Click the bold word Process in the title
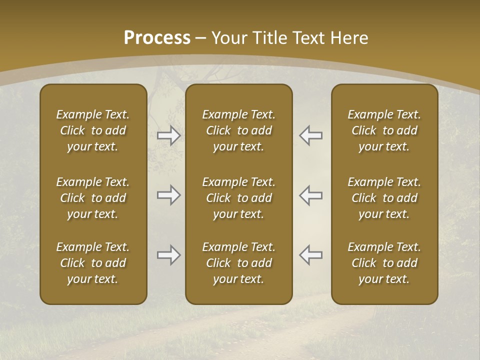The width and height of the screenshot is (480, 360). pos(157,38)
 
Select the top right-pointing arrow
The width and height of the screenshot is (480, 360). pos(168,135)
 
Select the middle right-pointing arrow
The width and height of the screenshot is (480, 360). pos(168,195)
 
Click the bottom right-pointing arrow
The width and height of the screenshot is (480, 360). pos(168,255)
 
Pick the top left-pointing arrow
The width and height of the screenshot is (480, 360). pos(311,135)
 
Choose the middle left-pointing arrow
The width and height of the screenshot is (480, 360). pos(311,195)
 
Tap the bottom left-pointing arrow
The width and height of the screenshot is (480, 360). pos(311,255)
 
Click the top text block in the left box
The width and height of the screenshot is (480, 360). pos(93,130)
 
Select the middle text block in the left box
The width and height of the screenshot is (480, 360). pos(93,198)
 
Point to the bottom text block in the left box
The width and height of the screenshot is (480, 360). pos(93,263)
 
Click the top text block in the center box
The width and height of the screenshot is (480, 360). pos(238,130)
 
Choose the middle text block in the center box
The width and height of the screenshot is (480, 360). pos(238,198)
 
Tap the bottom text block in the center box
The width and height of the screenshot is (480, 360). pos(238,263)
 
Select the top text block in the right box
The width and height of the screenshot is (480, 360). pos(384,130)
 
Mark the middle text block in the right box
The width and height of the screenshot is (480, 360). pos(384,198)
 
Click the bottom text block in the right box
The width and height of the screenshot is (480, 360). pos(384,263)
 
